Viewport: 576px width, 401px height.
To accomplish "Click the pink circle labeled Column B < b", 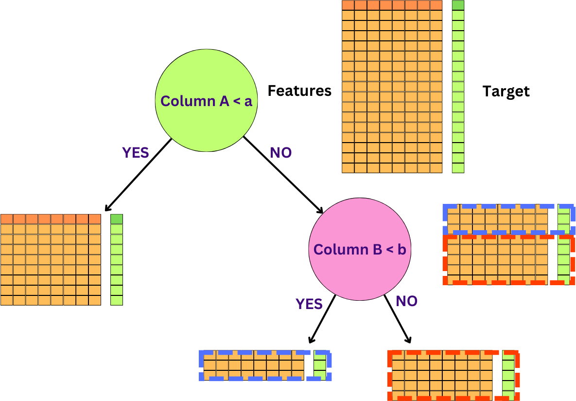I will (x=359, y=229).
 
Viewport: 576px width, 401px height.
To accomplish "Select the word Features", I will (x=299, y=91).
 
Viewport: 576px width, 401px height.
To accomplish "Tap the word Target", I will (x=506, y=91).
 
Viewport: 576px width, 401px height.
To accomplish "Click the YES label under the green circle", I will (x=135, y=153).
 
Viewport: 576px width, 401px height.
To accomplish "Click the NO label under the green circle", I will (x=280, y=153).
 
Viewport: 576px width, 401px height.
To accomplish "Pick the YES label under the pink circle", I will (x=309, y=304).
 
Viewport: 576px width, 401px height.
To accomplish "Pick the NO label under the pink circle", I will (x=406, y=301).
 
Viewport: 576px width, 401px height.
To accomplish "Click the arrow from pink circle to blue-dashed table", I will (x=322, y=319).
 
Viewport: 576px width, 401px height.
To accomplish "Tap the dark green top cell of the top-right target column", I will (x=458, y=5).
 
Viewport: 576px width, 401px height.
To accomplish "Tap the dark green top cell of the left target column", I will (x=117, y=219).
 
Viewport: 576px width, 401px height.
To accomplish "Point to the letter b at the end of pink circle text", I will (x=401, y=250).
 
